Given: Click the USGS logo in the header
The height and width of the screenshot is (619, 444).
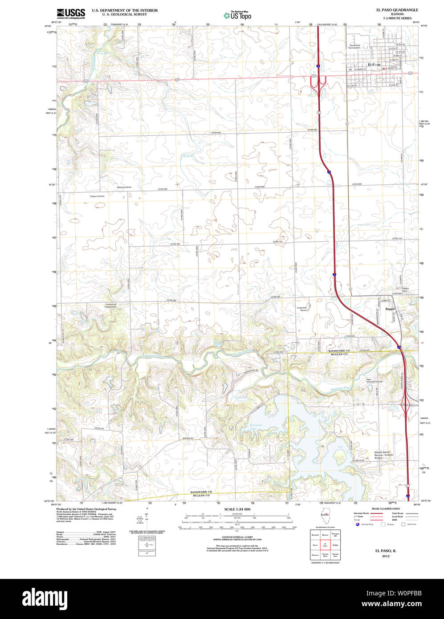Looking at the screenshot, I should coord(71,13).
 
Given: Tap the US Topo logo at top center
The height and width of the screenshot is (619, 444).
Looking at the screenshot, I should coord(237,15).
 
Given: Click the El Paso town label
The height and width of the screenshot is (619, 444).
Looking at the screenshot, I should coord(373,65).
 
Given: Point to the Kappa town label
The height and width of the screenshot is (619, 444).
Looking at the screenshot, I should coord(390,309).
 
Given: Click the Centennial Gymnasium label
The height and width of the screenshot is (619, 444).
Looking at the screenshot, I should coord(358,46).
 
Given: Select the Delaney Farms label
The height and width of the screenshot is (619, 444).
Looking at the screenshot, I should coord(124,187).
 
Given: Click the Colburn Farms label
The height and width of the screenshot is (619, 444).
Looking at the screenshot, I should coord(97,196).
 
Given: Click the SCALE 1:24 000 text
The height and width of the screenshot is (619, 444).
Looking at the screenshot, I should coord(237,509).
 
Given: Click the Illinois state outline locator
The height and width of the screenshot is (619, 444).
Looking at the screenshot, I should coord(324,517).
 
